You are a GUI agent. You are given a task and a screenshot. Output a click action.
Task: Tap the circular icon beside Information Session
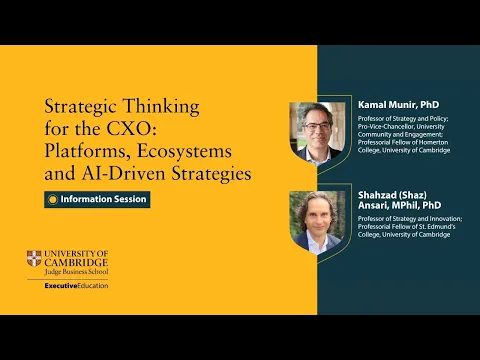click(53, 199)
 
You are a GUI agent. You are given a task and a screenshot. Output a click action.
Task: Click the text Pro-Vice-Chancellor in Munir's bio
click(384, 127)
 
